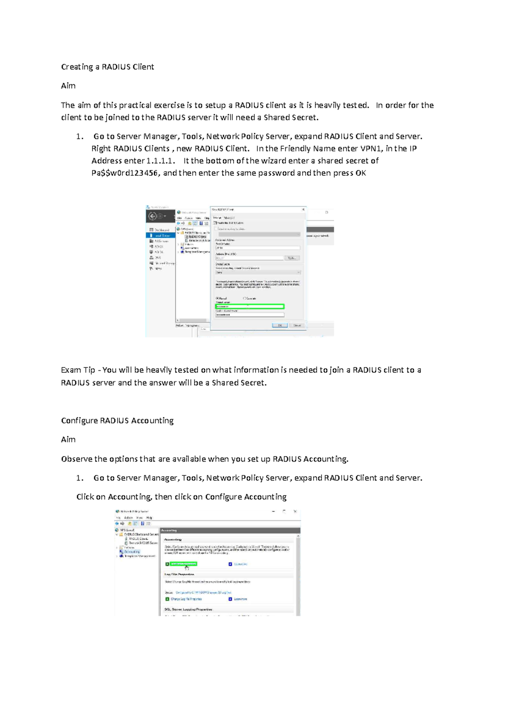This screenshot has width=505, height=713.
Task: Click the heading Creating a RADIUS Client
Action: pos(107,67)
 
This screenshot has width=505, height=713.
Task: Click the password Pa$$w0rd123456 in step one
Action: pos(125,173)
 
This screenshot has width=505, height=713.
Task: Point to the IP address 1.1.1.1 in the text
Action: pos(160,161)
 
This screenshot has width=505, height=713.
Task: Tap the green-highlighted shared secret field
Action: pos(250,306)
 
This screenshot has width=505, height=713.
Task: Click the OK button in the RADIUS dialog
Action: pos(279,325)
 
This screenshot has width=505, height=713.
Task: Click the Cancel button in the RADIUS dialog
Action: pos(297,325)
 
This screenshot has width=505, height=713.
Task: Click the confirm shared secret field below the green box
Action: pos(250,314)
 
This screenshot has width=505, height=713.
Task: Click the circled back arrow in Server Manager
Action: pos(152,216)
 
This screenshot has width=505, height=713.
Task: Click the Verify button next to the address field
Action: pos(292,258)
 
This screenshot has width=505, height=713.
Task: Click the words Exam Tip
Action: pos(78,370)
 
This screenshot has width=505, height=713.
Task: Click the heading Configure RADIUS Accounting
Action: pos(117,420)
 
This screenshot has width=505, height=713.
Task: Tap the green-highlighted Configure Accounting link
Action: pos(183,564)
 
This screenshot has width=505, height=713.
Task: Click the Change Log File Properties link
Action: pos(186,599)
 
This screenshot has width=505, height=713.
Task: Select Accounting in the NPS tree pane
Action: pos(132,552)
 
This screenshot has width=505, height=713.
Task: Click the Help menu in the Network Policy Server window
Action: pos(149,518)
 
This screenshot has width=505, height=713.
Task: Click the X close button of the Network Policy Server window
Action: pos(295,512)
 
